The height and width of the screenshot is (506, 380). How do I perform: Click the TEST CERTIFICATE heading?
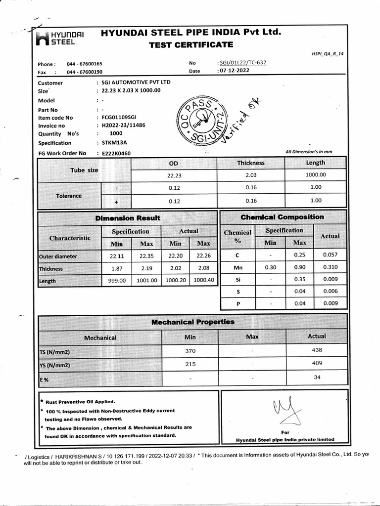[x=190, y=45]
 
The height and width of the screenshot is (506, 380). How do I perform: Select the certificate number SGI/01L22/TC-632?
[x=242, y=63]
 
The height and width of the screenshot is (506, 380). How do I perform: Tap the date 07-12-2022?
[x=234, y=72]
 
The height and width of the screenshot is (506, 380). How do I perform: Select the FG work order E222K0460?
[x=116, y=154]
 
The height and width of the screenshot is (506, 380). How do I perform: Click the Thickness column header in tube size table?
[x=250, y=163]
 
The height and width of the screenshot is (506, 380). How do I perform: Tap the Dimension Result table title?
[x=128, y=218]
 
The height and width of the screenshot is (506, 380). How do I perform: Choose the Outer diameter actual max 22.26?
[x=203, y=256]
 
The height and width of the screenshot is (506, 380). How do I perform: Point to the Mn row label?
[x=237, y=267]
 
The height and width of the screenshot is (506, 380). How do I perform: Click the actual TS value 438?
[x=317, y=350]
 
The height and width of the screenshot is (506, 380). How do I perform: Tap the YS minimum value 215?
[x=190, y=365]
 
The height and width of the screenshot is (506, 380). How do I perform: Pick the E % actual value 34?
[x=317, y=378]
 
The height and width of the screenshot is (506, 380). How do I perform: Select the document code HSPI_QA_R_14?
[x=329, y=52]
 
